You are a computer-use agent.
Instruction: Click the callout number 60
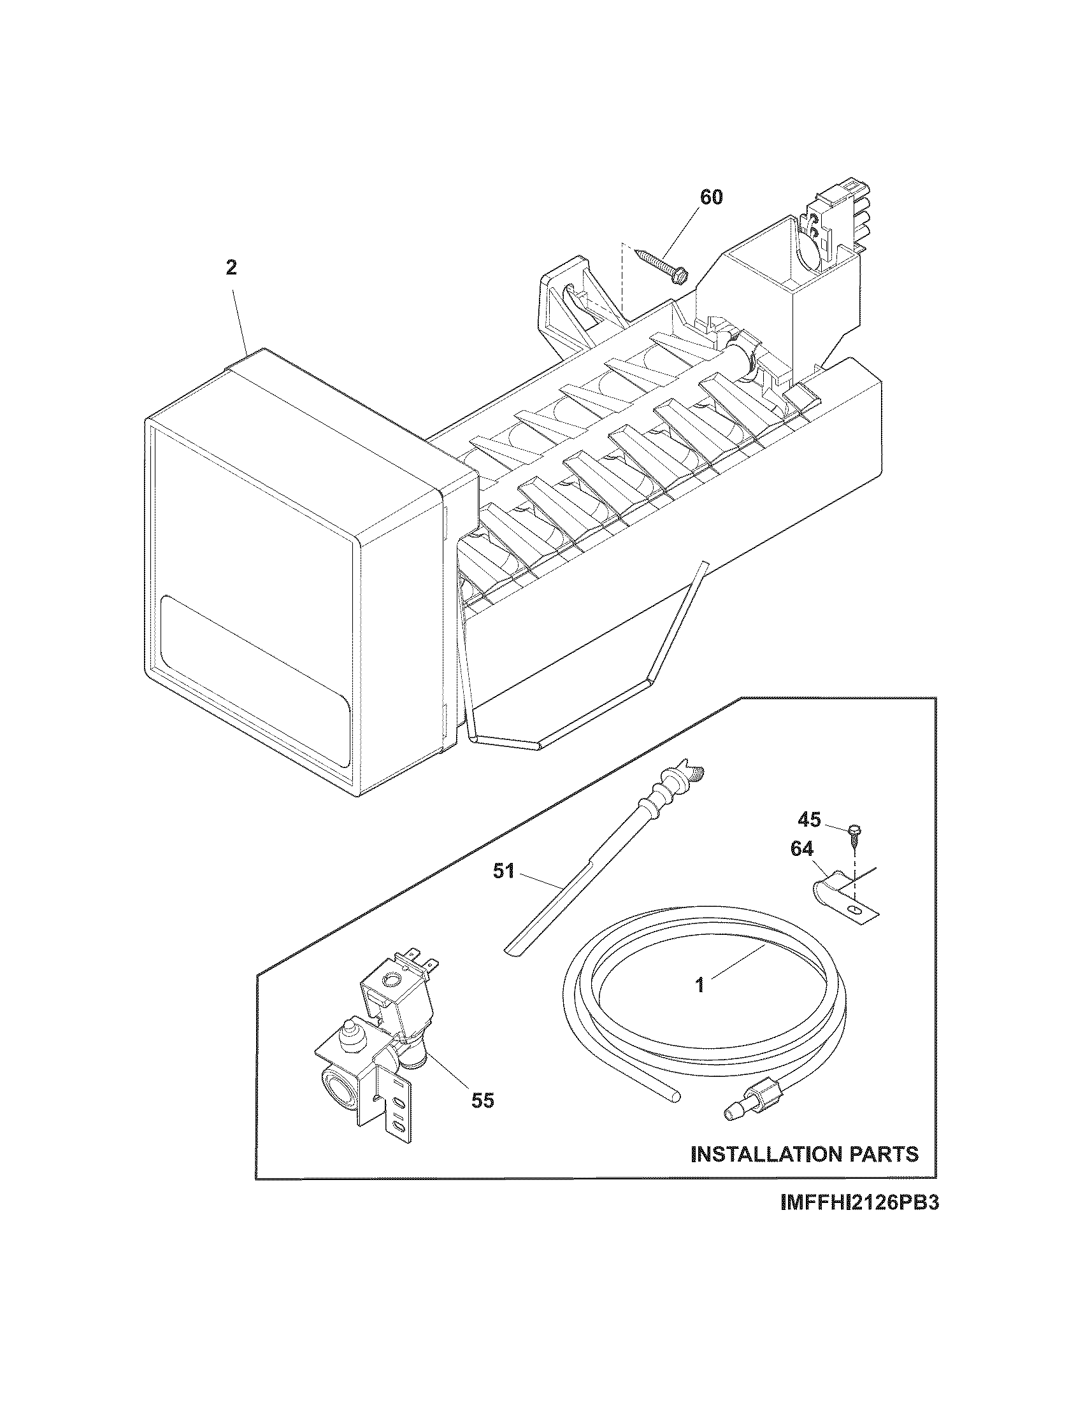[x=710, y=197]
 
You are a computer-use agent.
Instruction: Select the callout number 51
[x=504, y=872]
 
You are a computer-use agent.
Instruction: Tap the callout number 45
[x=810, y=819]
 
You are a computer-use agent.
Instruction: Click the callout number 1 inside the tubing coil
[x=700, y=985]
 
